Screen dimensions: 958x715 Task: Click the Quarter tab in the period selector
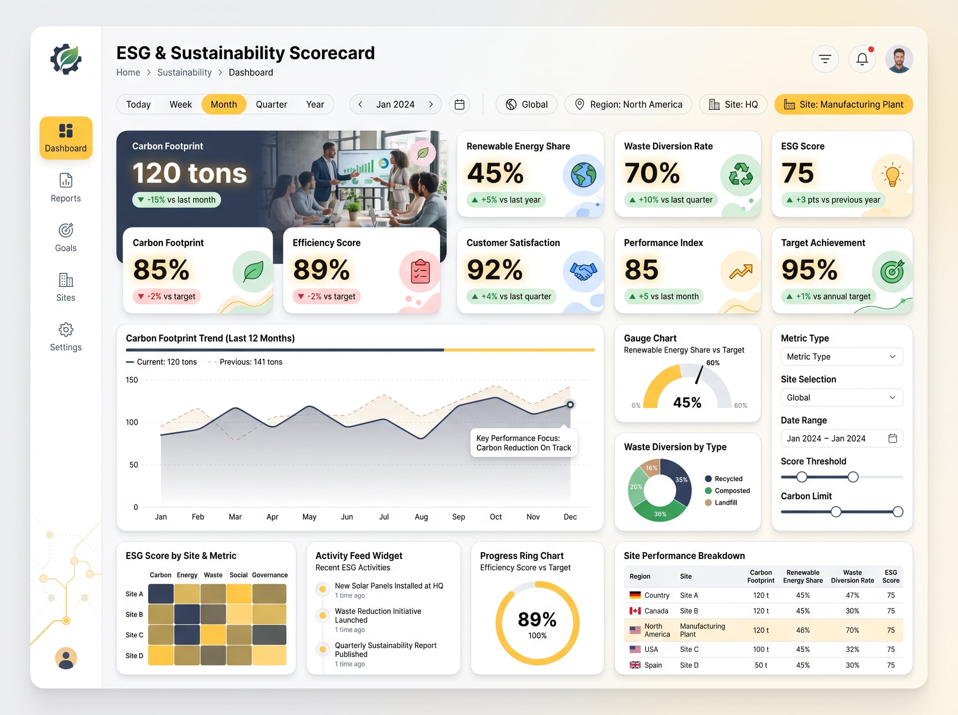pos(271,104)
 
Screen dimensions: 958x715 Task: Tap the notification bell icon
pos(862,59)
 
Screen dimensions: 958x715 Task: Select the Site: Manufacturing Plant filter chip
pos(843,104)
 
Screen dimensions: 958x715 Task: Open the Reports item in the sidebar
pos(66,188)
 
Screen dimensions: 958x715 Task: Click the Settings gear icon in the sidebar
pos(66,330)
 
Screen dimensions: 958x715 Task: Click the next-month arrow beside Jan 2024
pos(431,104)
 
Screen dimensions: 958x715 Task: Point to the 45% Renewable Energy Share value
pos(495,173)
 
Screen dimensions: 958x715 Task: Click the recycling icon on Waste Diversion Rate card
pos(741,174)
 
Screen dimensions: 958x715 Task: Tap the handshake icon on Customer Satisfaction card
pos(583,271)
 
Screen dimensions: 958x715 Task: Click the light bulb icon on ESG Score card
pos(892,175)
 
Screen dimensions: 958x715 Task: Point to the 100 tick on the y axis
pos(132,422)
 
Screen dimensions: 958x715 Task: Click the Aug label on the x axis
pos(421,517)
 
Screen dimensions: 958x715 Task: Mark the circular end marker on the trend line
pos(570,405)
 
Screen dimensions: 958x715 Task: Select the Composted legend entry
pos(727,490)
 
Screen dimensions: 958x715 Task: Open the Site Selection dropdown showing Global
pos(841,397)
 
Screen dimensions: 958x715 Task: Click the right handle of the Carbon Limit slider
pos(898,512)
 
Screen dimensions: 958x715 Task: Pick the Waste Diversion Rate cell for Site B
pos(852,611)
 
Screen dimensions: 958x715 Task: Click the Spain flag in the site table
pos(635,665)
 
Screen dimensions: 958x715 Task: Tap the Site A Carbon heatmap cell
pos(160,594)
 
